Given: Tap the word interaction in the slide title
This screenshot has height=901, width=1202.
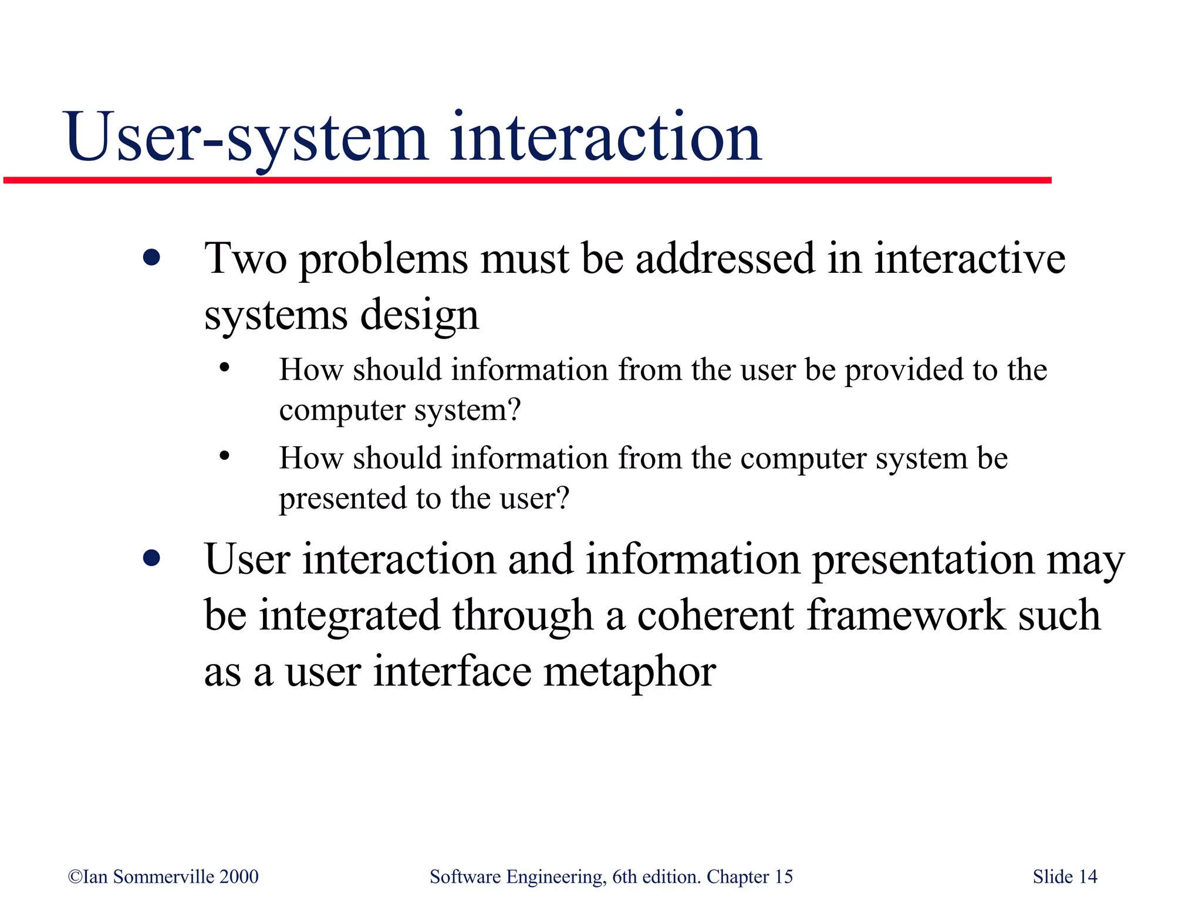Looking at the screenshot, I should point(606,138).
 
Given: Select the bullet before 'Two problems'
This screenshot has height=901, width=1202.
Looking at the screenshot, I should point(151,258).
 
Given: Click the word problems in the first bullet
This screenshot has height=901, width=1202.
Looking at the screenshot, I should point(384,259).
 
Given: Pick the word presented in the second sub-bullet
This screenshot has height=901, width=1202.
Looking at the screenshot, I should point(342,499).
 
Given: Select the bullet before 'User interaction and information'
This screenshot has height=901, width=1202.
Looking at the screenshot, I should point(151,558).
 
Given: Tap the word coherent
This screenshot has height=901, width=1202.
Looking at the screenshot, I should point(715,615).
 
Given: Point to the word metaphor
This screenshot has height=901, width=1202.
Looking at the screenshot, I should point(629,672).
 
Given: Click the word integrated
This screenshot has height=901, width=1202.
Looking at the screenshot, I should point(349,616).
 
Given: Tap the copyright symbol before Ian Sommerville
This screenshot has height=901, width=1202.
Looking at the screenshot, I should point(75,877).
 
